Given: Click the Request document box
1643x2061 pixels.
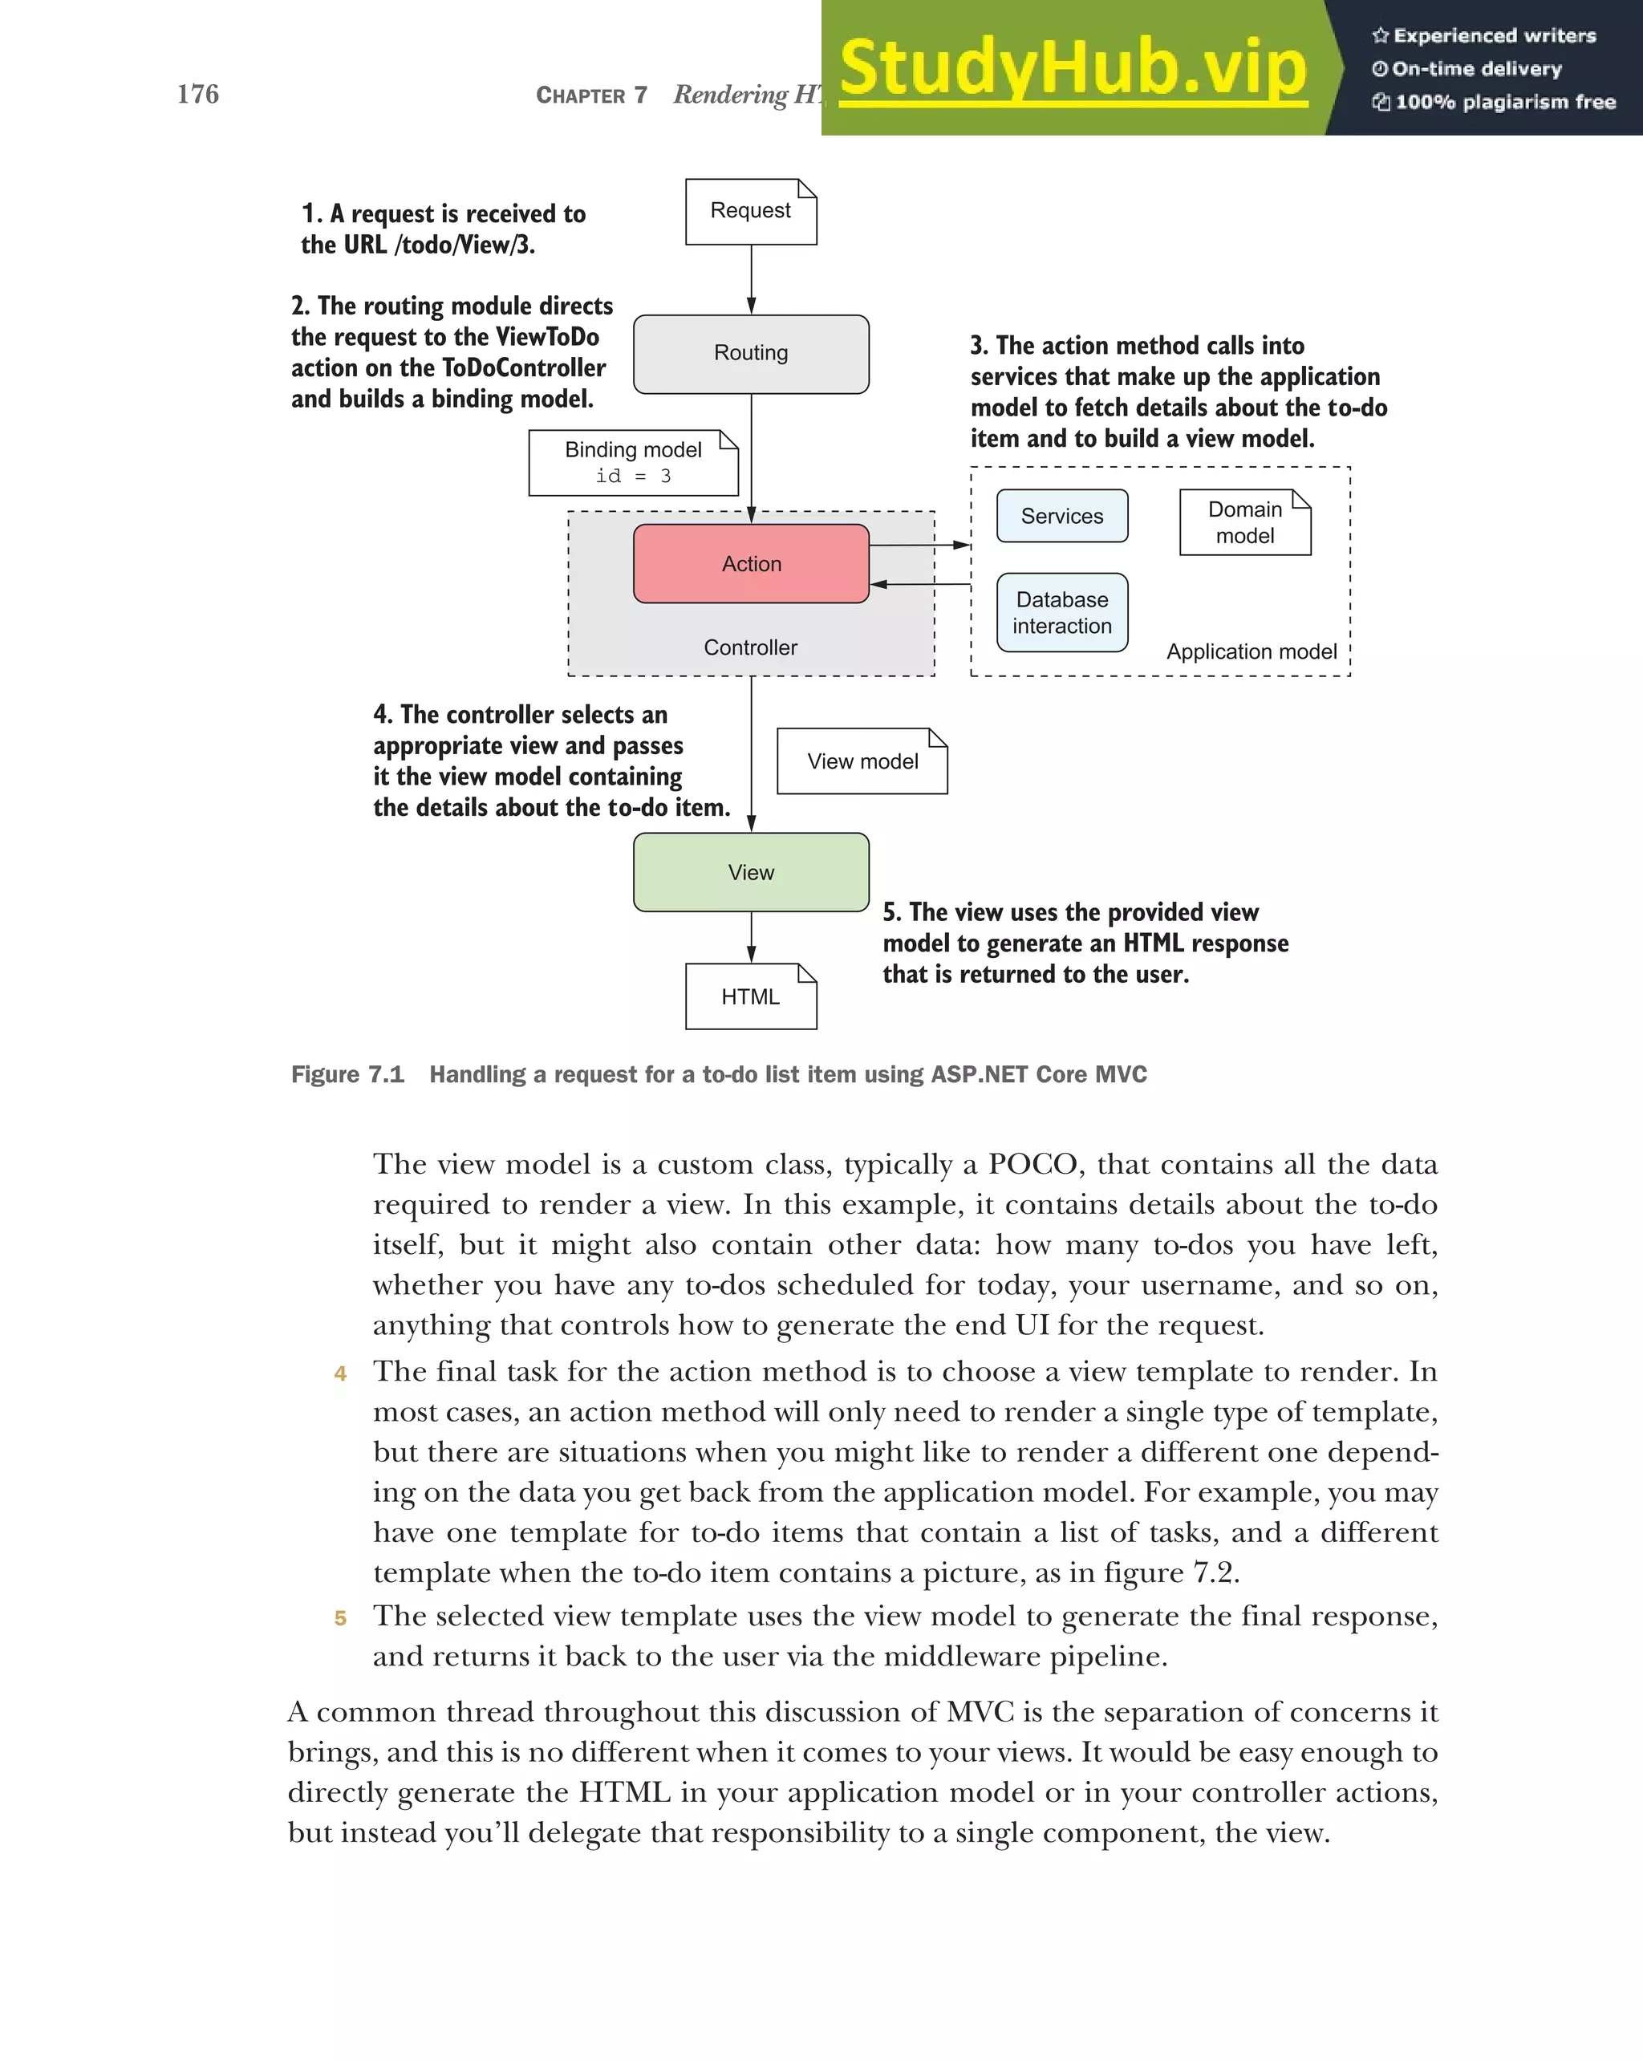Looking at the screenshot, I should [x=750, y=211].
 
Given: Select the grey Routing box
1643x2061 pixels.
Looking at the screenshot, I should [x=750, y=354].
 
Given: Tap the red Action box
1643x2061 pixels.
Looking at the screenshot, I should [x=750, y=564].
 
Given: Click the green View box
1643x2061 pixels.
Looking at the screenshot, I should [x=750, y=872].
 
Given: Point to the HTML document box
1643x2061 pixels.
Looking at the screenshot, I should [x=750, y=996].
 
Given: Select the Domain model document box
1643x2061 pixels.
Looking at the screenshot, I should [x=1244, y=522].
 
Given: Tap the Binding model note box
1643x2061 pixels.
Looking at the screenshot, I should [x=633, y=463].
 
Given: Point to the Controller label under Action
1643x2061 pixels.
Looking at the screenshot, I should [x=750, y=647].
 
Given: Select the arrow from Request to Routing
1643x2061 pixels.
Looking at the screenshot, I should [x=751, y=279].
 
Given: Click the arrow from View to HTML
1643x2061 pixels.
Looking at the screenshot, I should [x=751, y=937].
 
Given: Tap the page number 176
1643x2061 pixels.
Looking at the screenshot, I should [x=198, y=94].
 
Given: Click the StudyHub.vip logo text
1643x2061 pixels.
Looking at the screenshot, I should [x=1073, y=69].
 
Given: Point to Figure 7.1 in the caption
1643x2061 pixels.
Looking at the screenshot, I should [x=347, y=1074].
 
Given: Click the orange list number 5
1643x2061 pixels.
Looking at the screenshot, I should [x=339, y=1618].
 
